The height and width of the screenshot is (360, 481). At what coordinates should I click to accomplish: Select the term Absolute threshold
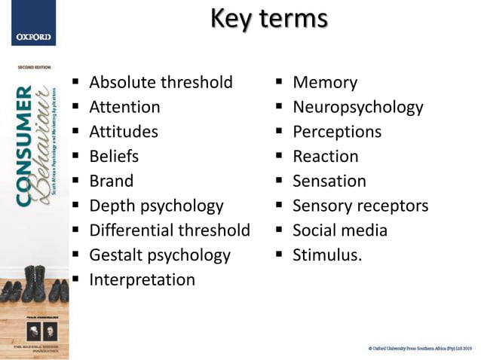tap(161, 82)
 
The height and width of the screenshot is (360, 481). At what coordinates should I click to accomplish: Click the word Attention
tap(124, 107)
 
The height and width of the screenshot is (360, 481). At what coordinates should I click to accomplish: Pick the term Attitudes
tap(124, 132)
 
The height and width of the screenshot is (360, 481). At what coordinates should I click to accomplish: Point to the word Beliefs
tap(114, 157)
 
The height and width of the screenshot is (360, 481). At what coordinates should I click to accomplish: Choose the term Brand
tap(111, 181)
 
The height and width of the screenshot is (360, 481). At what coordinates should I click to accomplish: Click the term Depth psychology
tap(156, 206)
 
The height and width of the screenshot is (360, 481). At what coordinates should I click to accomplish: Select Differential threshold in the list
tap(170, 230)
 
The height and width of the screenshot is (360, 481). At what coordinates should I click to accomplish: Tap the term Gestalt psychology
tap(160, 255)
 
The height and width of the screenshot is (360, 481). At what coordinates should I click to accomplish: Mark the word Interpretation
tap(142, 279)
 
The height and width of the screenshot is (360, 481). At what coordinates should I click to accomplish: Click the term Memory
tap(325, 82)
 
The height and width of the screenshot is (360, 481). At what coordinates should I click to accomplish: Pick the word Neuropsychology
tap(358, 107)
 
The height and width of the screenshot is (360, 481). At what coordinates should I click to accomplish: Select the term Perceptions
tap(337, 132)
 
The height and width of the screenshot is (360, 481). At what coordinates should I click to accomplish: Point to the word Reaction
tap(326, 157)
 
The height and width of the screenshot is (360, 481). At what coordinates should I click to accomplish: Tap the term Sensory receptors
tap(360, 206)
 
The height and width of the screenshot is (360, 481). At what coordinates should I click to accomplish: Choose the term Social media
tap(340, 230)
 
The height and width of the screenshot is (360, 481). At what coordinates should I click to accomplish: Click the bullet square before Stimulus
tap(278, 255)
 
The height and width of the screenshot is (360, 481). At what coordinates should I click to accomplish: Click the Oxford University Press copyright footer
tap(420, 348)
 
